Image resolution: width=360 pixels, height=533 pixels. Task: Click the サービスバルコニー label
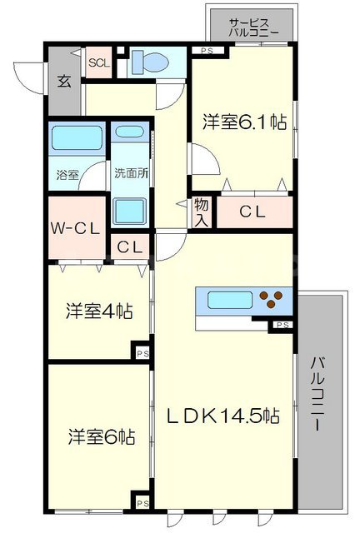tap(253, 27)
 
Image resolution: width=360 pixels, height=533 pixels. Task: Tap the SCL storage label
tap(98, 62)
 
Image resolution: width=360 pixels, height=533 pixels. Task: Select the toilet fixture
tap(152, 62)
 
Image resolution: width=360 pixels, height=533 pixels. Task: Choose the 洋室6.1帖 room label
tap(245, 122)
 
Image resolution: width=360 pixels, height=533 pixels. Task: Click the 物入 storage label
tap(202, 212)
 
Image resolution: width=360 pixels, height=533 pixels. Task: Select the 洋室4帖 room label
tap(99, 311)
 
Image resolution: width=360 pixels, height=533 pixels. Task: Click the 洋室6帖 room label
tap(101, 436)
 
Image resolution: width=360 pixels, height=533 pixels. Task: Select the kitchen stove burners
tap(272, 299)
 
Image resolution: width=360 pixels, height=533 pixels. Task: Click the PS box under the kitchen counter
tap(282, 324)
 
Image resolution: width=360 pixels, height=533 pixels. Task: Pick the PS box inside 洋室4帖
tap(142, 355)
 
